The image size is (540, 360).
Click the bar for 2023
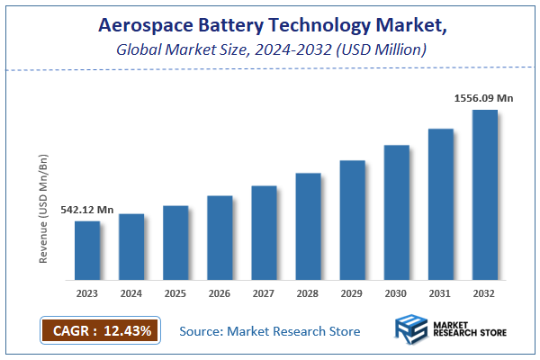tap(87, 250)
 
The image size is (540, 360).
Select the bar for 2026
tap(220, 238)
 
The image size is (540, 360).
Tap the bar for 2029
tap(352, 220)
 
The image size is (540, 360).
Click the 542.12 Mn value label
tap(86, 210)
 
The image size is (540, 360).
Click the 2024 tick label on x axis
tap(131, 292)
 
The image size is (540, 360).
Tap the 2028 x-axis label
tap(308, 292)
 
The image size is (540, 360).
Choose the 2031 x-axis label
tap(441, 292)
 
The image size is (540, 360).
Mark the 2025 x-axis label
tap(175, 292)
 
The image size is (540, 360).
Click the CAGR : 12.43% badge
tap(100, 330)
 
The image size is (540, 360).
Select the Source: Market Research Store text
tap(270, 331)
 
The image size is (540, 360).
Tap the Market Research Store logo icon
tap(413, 330)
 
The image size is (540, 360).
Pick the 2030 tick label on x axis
tap(397, 292)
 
